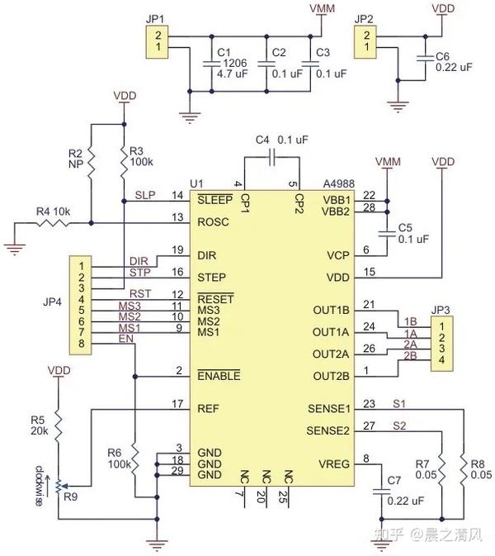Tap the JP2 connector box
point(362,40)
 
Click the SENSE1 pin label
point(328,409)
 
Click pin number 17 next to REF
point(177,404)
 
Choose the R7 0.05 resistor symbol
point(441,469)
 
